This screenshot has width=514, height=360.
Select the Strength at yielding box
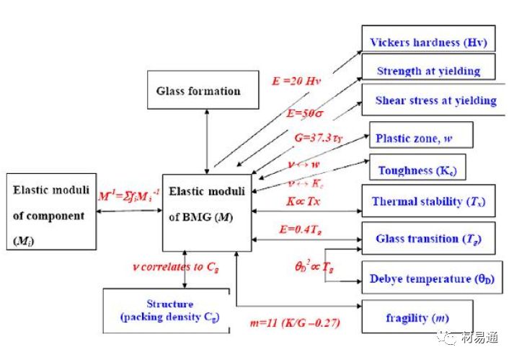click(x=428, y=71)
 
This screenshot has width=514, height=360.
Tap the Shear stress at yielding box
click(x=435, y=100)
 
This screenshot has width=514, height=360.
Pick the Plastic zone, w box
click(x=421, y=136)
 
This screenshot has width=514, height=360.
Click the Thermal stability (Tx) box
click(x=427, y=201)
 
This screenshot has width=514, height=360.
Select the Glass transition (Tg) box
click(x=427, y=238)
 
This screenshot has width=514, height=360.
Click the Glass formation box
click(x=198, y=91)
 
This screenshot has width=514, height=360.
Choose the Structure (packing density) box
click(x=164, y=311)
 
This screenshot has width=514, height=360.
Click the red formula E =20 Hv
click(x=294, y=82)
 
